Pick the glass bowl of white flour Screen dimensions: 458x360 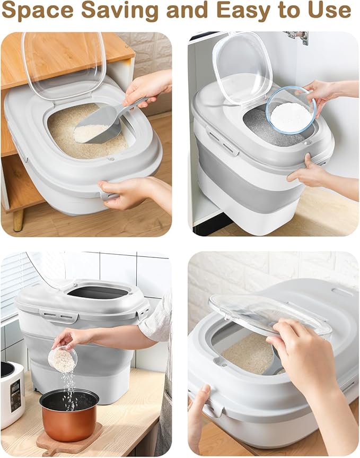click(x=291, y=110)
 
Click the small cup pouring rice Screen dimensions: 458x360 click(x=63, y=359)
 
